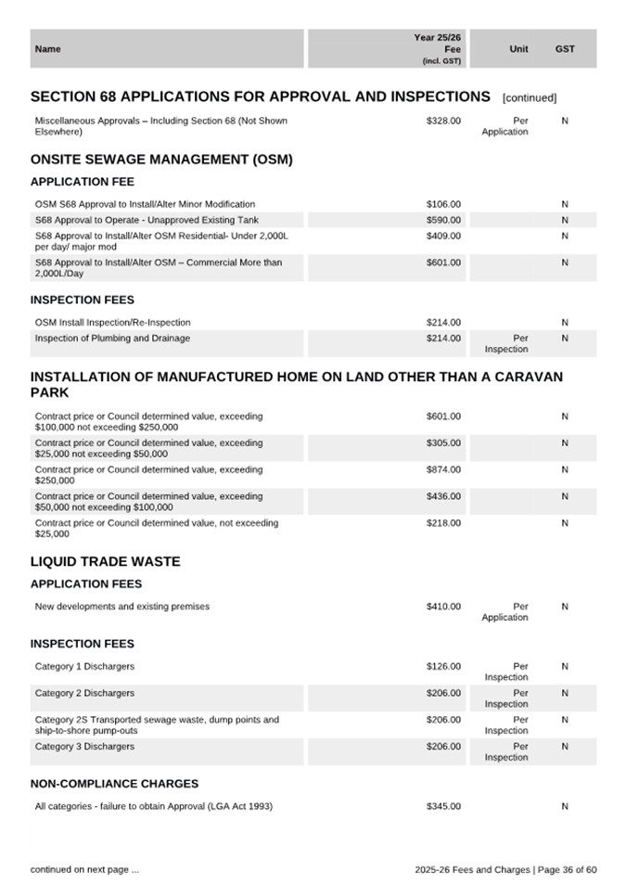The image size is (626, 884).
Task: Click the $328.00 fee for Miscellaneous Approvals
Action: point(443,121)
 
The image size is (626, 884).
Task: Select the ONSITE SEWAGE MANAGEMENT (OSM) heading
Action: point(161,160)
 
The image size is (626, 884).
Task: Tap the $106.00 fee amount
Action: point(443,204)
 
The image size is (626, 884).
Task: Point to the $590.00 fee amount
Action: point(443,220)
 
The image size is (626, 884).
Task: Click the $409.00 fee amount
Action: point(443,236)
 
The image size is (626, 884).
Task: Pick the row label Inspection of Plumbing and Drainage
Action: point(112,339)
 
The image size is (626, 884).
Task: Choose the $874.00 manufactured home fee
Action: point(443,470)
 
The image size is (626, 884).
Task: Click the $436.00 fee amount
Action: point(443,497)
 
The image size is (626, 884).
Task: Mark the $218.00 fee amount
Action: point(443,523)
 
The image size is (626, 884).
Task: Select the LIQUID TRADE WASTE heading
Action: point(106,562)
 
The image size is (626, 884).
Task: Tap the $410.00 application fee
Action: point(443,607)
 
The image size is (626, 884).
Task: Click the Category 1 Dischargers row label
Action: point(84,666)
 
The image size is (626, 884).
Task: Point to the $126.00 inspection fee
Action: point(443,666)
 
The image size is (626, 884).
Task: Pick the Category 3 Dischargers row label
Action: point(84,747)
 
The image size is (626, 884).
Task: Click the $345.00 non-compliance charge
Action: point(443,807)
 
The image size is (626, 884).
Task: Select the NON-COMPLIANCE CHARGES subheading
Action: point(114,784)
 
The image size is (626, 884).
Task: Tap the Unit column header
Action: point(519,49)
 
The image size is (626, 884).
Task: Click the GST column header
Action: point(565,49)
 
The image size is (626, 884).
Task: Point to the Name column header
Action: point(47,49)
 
